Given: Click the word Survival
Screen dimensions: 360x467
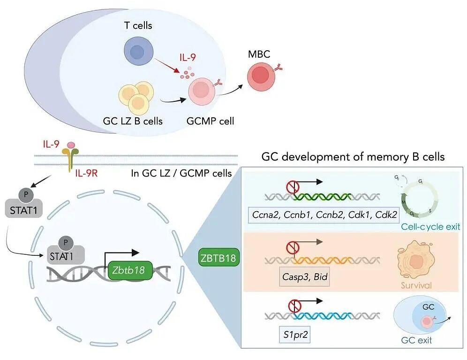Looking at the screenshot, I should coord(416,285).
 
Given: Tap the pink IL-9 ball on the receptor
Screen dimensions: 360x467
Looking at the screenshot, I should coord(71,146).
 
